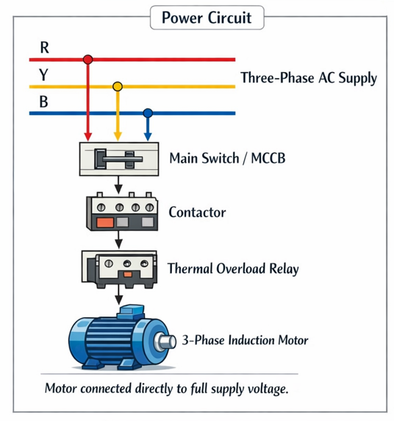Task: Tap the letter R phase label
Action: (44, 49)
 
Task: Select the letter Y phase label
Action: (44, 76)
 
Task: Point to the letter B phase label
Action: (44, 102)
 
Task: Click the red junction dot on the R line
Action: (88, 59)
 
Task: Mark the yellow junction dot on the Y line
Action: (117, 86)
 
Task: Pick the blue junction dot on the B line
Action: (147, 113)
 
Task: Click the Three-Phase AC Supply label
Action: (308, 79)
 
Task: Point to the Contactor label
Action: (197, 213)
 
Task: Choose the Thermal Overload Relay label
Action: (233, 269)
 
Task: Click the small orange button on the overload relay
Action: (126, 275)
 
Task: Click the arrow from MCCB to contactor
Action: (118, 185)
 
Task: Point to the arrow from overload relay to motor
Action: (118, 294)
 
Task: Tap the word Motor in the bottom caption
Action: (62, 388)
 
